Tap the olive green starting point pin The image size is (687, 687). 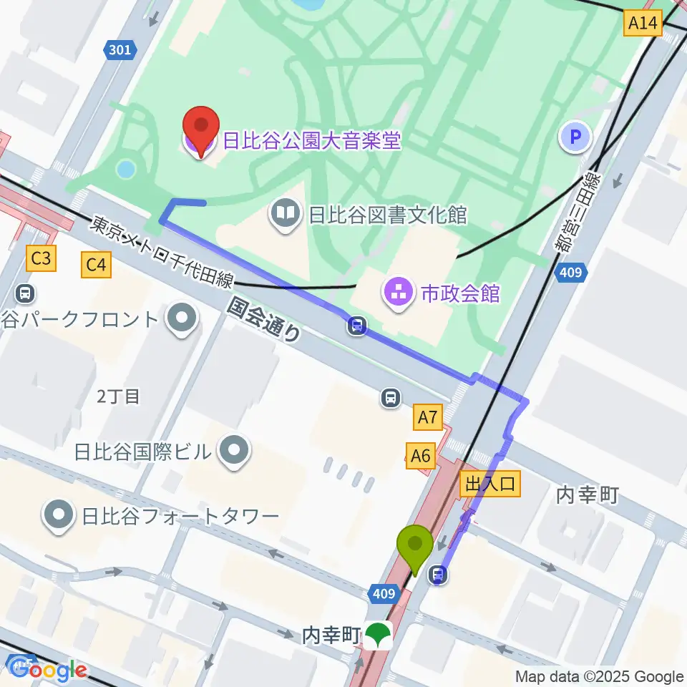(x=415, y=548)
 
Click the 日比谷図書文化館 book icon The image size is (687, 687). (x=286, y=213)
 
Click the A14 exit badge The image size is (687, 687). (x=642, y=24)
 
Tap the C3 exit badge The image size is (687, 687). (x=41, y=258)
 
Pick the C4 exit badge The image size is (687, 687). (x=97, y=265)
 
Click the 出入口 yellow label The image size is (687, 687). (x=490, y=484)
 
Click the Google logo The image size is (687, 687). (x=47, y=669)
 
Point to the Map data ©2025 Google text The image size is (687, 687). (x=600, y=676)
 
